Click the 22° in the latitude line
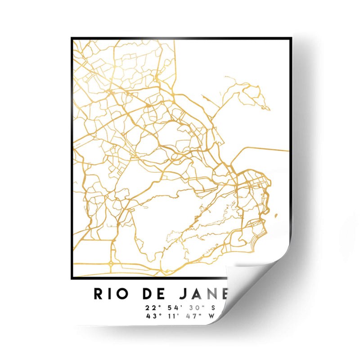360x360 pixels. pos(150,308)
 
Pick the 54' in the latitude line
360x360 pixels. pos(173,308)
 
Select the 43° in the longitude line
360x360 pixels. pos(150,316)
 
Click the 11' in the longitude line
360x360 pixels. pos(173,316)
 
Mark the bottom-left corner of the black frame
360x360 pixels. pos(72,279)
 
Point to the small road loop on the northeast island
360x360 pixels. pos(251,92)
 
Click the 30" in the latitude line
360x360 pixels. pos(196,308)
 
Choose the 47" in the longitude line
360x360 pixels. pos(196,316)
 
